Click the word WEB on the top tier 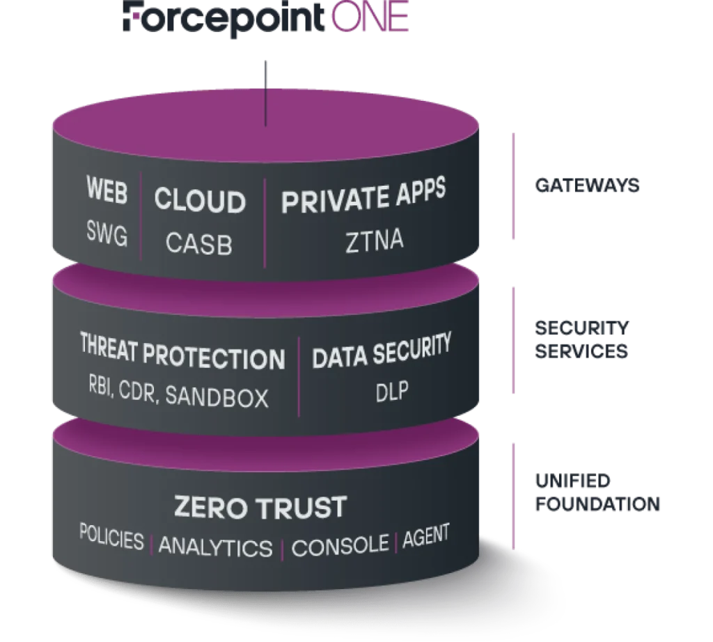pyautogui.click(x=107, y=191)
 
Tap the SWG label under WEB pyautogui.click(x=107, y=236)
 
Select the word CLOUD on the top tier pyautogui.click(x=200, y=200)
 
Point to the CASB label pyautogui.click(x=200, y=243)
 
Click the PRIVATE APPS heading pyautogui.click(x=363, y=197)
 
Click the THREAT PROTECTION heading pyautogui.click(x=182, y=355)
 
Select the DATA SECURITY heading pyautogui.click(x=381, y=353)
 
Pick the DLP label pyautogui.click(x=391, y=392)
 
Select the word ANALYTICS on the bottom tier pyautogui.click(x=215, y=547)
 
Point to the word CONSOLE pyautogui.click(x=340, y=546)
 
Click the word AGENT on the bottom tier pyautogui.click(x=425, y=535)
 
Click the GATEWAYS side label pyautogui.click(x=588, y=185)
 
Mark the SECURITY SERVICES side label pyautogui.click(x=583, y=339)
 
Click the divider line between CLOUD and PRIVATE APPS pyautogui.click(x=265, y=223)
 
